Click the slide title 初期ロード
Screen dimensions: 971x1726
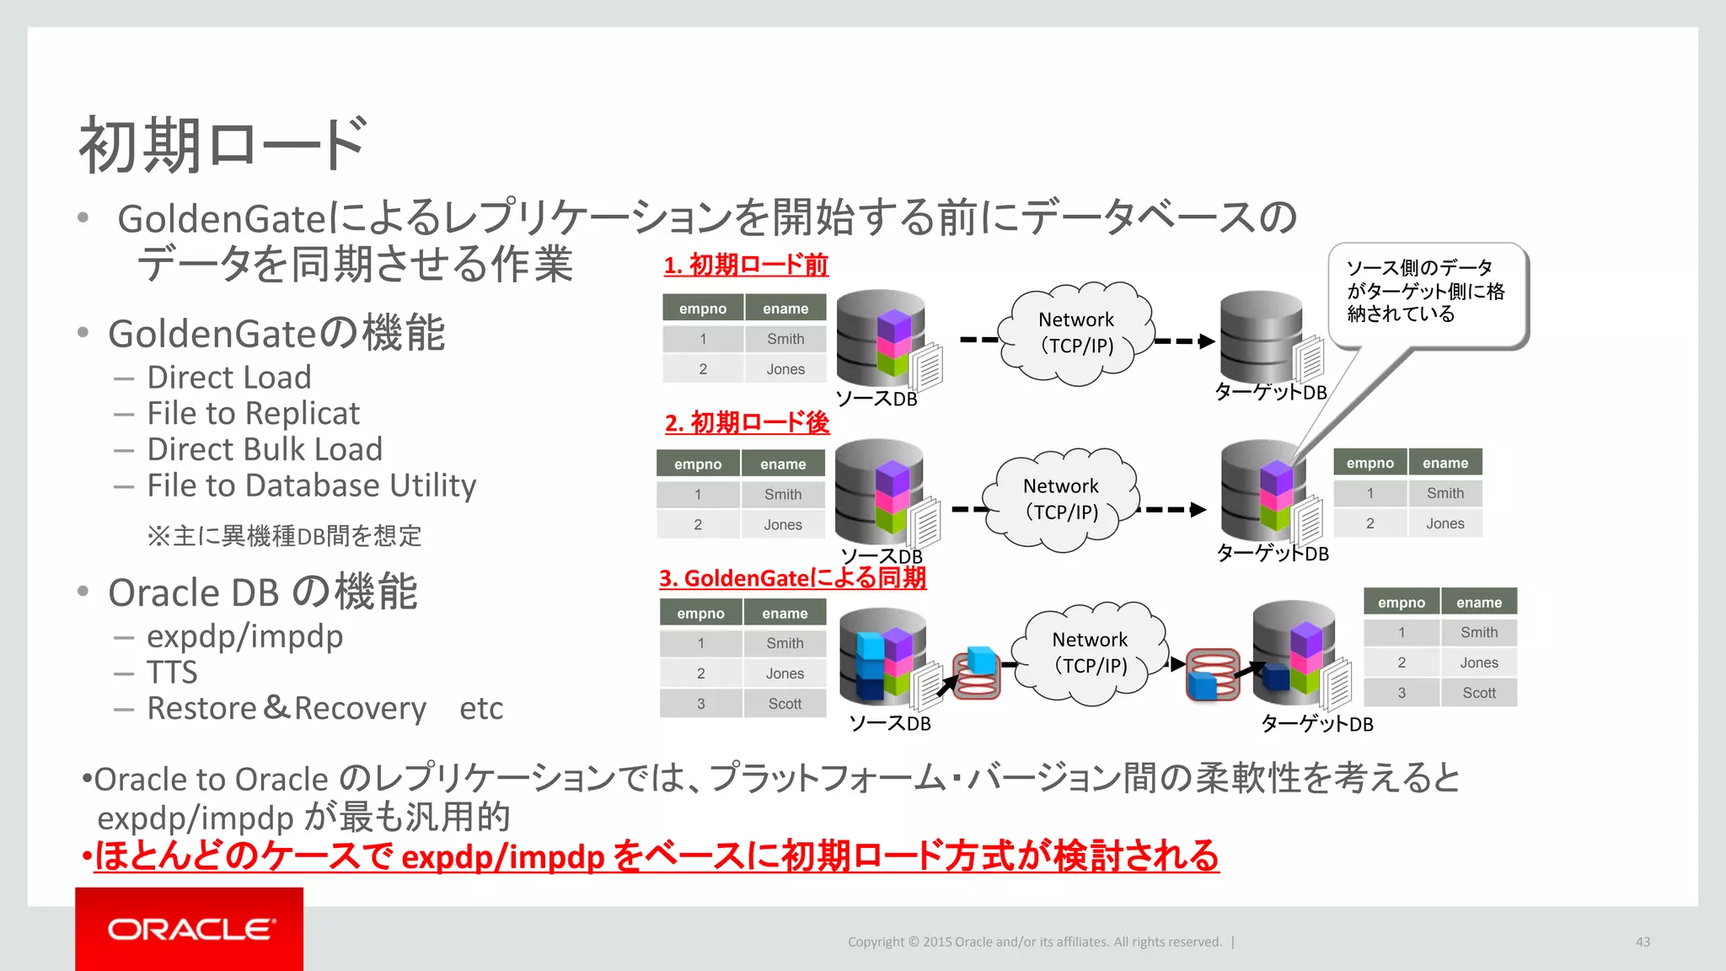(222, 145)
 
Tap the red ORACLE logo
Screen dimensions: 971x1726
(190, 929)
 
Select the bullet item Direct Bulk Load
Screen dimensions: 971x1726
(265, 449)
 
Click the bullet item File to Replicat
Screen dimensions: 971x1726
(253, 413)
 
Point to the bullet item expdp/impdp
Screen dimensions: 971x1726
(244, 636)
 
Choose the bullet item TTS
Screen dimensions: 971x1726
(172, 673)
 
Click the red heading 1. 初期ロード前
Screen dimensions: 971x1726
(746, 266)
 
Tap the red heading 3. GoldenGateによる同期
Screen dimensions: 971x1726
(792, 578)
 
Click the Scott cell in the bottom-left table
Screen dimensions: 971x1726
(785, 704)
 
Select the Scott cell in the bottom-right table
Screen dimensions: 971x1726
(1478, 693)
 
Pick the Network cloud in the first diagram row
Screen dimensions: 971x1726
(1075, 334)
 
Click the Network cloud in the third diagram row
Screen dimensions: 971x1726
(1090, 653)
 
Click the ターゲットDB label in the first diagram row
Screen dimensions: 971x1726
(1270, 392)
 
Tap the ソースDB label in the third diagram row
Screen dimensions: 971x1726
(889, 723)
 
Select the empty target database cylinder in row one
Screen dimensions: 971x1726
(1261, 335)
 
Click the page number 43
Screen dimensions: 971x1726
(1643, 941)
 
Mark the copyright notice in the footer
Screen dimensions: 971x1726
(1034, 941)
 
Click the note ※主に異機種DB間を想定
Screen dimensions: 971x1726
(284, 536)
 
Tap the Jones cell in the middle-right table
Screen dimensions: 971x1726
(1445, 523)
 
